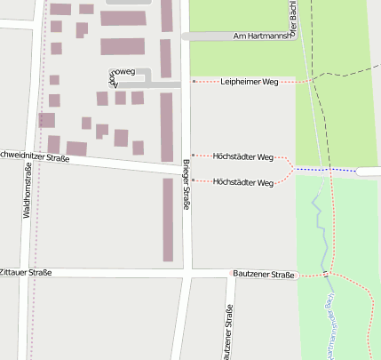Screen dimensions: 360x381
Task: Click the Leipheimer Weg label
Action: point(249,82)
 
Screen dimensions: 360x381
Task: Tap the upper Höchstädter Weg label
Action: point(243,156)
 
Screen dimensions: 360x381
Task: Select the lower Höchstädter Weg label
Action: point(243,182)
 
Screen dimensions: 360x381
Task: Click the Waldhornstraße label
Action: point(28,196)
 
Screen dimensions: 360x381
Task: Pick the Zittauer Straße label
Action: point(26,273)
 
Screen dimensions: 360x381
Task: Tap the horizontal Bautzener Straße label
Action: point(264,275)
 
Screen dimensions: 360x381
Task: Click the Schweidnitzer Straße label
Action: point(34,158)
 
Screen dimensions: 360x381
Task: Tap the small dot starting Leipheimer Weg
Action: point(194,82)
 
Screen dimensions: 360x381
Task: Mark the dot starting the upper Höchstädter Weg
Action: point(194,156)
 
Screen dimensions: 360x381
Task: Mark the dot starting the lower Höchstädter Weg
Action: point(194,180)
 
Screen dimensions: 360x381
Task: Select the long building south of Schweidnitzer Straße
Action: point(168,220)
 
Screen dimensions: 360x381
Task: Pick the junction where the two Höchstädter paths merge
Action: point(294,168)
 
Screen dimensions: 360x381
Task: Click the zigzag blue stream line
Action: point(316,213)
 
